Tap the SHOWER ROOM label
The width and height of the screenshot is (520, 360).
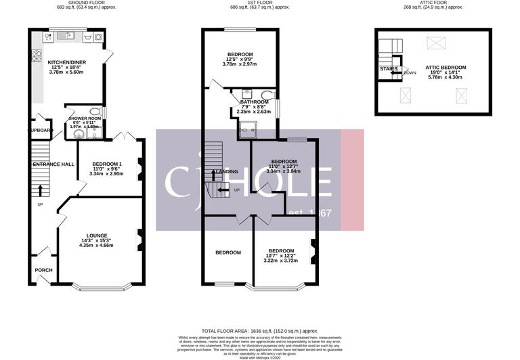click(85, 118)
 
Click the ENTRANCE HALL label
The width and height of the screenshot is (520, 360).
click(53, 164)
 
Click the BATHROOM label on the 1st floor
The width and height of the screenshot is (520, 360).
click(255, 102)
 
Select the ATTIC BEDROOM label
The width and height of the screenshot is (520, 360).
click(445, 68)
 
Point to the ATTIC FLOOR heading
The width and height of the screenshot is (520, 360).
click(443, 3)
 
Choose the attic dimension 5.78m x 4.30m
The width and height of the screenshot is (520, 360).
click(445, 77)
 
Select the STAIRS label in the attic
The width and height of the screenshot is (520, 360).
click(389, 68)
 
